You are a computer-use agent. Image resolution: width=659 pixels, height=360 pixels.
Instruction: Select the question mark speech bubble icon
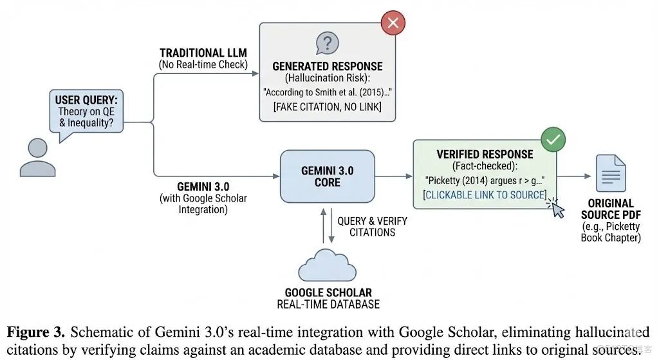pos(327,44)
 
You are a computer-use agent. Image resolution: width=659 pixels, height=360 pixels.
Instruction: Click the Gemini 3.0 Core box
pos(327,176)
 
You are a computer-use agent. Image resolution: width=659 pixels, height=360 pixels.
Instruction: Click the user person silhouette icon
pos(37,158)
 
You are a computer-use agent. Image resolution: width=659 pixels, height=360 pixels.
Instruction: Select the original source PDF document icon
pos(610,173)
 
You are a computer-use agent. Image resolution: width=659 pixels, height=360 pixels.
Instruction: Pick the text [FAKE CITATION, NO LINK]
pos(327,106)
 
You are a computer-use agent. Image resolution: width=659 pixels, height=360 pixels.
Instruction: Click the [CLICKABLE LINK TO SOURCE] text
pos(484,194)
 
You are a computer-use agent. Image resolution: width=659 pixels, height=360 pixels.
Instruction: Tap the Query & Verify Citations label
pos(373,226)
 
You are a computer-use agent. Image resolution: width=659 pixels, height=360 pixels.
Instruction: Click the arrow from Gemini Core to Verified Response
pos(393,175)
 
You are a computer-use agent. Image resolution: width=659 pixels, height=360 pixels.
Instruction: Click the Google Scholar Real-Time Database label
pos(328,298)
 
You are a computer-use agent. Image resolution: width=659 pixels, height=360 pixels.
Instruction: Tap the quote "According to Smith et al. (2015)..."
pos(327,92)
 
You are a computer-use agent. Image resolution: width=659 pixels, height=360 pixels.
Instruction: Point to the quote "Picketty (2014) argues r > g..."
pos(484,180)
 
